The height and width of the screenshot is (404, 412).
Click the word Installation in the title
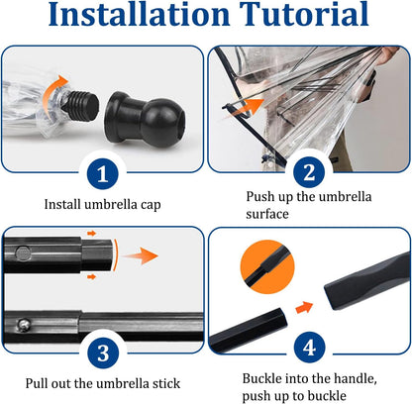(139, 14)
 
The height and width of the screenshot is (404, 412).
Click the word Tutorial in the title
(304, 14)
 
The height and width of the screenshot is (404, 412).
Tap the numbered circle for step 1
(103, 173)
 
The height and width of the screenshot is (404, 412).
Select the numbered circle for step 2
(309, 172)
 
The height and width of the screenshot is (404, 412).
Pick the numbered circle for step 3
(103, 353)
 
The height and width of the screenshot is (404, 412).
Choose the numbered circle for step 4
(309, 348)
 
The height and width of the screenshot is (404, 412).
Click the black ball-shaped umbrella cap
(145, 117)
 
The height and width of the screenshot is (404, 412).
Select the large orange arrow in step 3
(140, 255)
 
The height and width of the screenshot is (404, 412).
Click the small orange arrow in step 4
(304, 307)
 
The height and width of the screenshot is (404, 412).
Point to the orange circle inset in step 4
(266, 266)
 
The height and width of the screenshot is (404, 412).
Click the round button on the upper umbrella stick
(23, 254)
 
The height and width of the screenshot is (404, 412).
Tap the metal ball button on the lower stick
(24, 325)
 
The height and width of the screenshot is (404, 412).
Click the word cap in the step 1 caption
(151, 205)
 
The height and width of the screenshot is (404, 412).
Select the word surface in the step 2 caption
(267, 214)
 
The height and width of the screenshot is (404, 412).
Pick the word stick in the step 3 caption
(166, 383)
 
